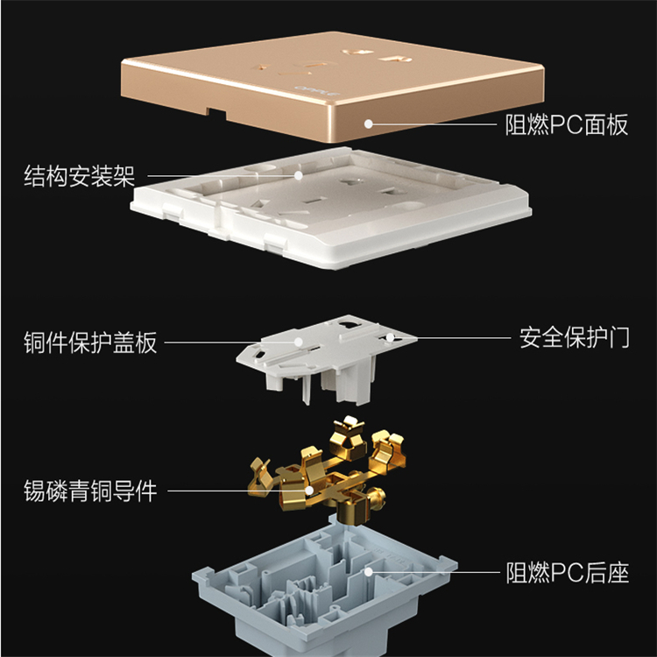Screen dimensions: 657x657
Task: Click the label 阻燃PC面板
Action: [x=566, y=124]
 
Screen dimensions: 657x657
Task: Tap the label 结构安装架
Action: [x=80, y=176]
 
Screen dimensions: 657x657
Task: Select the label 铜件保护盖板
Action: [x=90, y=343]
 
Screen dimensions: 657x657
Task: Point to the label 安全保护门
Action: [x=575, y=338]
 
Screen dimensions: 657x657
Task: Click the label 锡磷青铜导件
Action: [x=90, y=491]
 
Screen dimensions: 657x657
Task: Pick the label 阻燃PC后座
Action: [x=568, y=573]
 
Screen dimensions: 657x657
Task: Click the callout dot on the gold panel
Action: [x=368, y=124]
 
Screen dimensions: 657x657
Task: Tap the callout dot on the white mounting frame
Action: [x=299, y=175]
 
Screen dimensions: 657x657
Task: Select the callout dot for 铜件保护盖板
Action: [x=299, y=342]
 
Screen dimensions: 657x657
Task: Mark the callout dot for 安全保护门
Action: [x=390, y=337]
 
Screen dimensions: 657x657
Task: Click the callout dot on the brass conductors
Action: [x=309, y=491]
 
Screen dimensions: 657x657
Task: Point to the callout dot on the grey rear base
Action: [x=368, y=572]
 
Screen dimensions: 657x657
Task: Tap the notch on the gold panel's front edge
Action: [x=215, y=113]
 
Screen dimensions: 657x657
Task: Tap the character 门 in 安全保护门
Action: [x=618, y=338]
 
